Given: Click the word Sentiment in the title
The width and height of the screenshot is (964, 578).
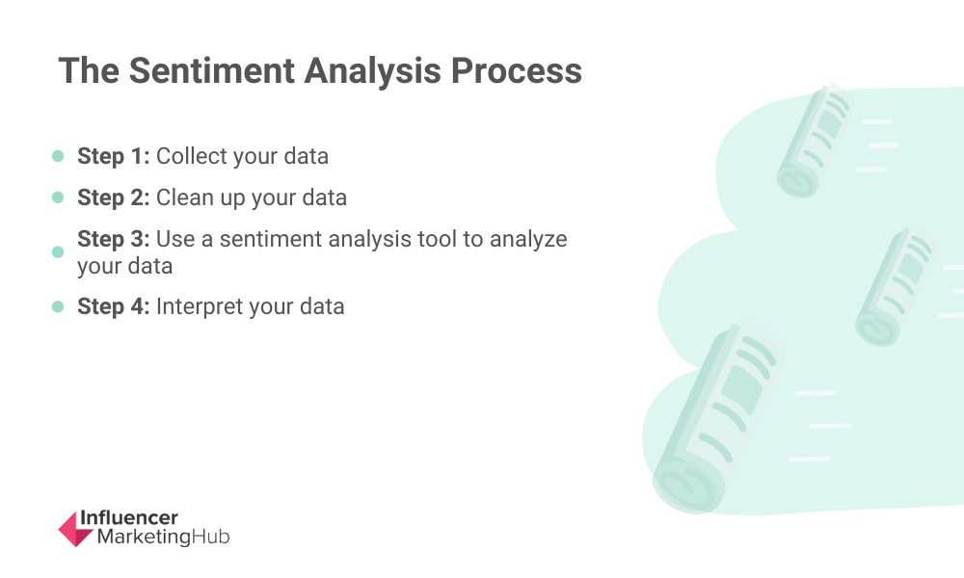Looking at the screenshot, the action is pos(211,70).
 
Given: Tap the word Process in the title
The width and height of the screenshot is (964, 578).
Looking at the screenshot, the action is pos(517,70).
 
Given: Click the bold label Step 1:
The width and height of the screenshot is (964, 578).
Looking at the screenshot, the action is pos(113,156).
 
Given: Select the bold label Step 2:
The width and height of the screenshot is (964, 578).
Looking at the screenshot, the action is pos(113,197).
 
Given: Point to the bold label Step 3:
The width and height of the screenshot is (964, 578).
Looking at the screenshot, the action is pos(113,239).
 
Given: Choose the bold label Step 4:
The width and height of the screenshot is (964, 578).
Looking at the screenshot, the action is pos(113,306).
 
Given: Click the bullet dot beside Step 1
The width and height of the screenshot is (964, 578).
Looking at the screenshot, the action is pos(58,156).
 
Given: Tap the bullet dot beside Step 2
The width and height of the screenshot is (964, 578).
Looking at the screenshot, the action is pos(58,197).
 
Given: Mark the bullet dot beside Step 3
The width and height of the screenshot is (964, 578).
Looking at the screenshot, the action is pos(58,251).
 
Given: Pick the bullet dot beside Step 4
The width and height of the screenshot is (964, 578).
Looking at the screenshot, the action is pos(58,306).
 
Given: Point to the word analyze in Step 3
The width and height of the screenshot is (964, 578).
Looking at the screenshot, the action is pos(528,240).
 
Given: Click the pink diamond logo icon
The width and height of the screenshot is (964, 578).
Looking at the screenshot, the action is pos(75,529).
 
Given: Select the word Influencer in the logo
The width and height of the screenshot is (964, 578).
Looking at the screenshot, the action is pos(129,518).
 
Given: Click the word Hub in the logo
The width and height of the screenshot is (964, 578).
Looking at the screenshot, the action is pos(210,537).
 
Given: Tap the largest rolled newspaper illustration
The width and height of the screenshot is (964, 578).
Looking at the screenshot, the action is pos(717,418).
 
